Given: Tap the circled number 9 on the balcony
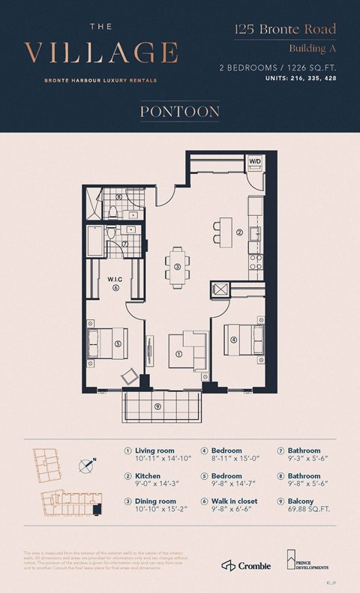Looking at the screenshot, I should click(x=157, y=406).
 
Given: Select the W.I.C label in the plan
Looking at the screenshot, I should click(x=116, y=279).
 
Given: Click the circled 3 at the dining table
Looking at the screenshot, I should click(x=177, y=266).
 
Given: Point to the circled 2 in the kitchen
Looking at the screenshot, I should click(x=239, y=232).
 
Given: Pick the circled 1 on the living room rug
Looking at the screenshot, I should click(x=179, y=354).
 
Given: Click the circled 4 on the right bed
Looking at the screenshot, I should click(x=235, y=340).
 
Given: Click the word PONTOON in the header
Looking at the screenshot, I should click(x=179, y=112).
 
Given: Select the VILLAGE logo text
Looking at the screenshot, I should click(x=101, y=52).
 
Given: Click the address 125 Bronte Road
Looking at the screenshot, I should click(x=283, y=30).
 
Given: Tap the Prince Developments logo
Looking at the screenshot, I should click(x=304, y=561).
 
